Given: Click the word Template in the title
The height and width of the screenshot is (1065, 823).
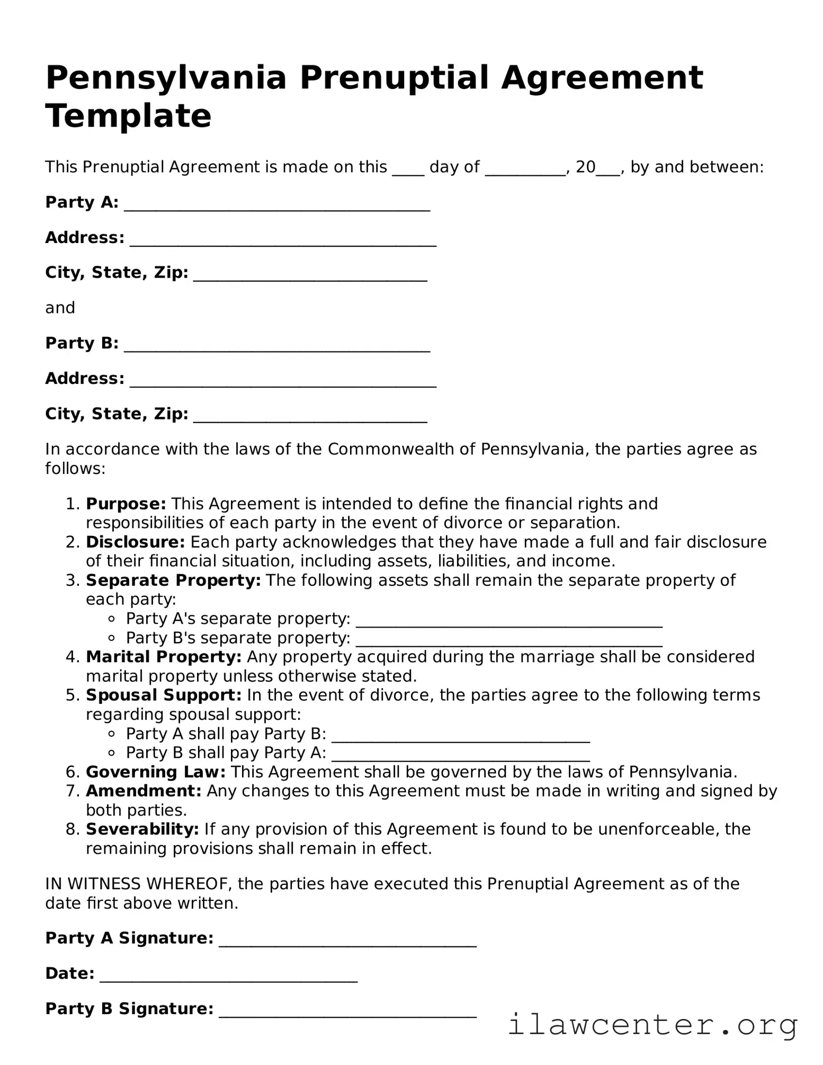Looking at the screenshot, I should pos(128,116).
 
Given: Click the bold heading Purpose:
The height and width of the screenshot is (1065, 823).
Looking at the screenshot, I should pos(126,503).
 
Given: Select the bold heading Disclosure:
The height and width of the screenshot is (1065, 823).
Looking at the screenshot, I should pos(135,542).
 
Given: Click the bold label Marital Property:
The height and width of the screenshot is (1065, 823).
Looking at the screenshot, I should pos(164,657).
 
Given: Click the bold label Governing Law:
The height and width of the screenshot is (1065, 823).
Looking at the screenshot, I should pos(156,772).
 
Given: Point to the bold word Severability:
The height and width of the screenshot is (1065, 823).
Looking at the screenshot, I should pos(142,829).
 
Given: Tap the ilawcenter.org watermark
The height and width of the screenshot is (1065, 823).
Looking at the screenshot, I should pos(652,1023).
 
